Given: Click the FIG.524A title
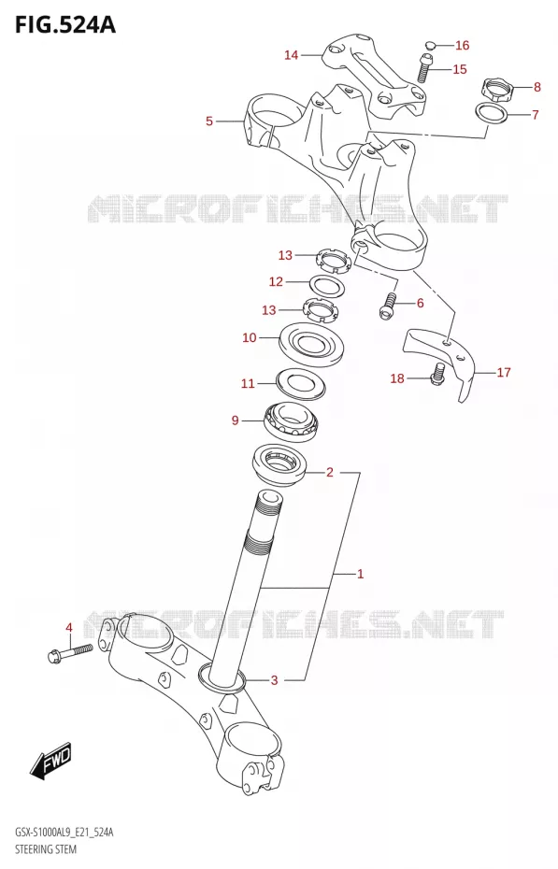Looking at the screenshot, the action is pyautogui.click(x=65, y=24).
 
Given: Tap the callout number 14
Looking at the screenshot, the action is pyautogui.click(x=292, y=55).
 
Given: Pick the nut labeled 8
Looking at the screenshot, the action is pyautogui.click(x=496, y=89).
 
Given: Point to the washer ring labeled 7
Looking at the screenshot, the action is pyautogui.click(x=492, y=113).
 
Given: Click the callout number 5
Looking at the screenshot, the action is pyautogui.click(x=209, y=121).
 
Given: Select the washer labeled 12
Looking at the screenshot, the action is pyautogui.click(x=327, y=286).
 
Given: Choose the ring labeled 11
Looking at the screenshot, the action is pyautogui.click(x=300, y=383).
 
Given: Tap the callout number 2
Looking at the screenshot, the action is pyautogui.click(x=330, y=472).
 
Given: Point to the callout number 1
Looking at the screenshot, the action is pyautogui.click(x=360, y=574).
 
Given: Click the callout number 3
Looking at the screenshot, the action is pyautogui.click(x=274, y=680).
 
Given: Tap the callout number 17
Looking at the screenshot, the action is pyautogui.click(x=504, y=372).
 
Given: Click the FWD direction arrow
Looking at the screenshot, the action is pyautogui.click(x=51, y=759).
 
